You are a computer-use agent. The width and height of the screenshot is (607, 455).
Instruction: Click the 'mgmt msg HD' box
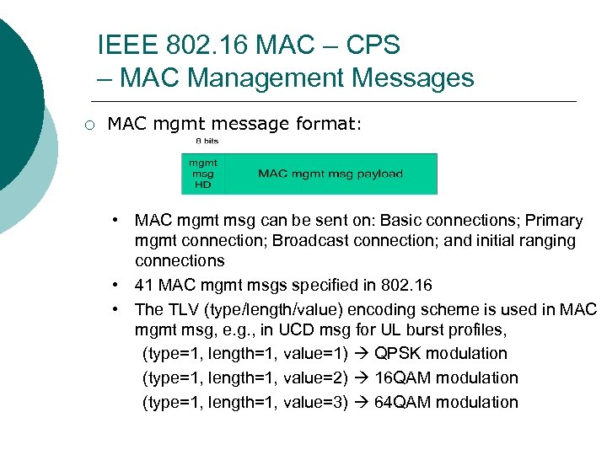pos(202,174)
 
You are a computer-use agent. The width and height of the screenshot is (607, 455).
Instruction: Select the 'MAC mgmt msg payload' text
pos(330,174)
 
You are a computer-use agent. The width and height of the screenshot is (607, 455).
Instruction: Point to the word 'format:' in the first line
pos(329,125)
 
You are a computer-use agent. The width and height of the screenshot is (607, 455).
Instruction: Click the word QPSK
pos(395,353)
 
